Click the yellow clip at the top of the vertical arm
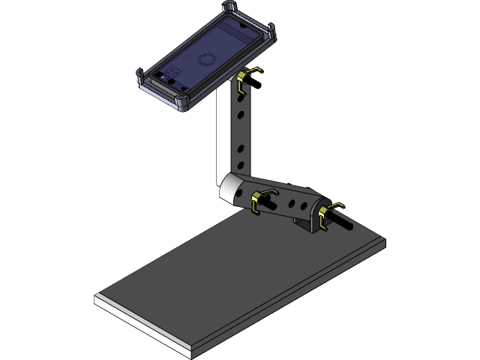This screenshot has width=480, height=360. click(x=246, y=80)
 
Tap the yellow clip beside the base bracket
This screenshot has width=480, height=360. click(x=329, y=215)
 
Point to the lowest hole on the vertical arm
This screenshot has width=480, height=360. click(x=241, y=163)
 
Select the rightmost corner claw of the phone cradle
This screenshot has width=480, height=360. click(x=270, y=32)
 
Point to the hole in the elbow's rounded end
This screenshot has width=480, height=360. click(x=239, y=190)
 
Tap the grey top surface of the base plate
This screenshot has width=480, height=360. click(x=240, y=277)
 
